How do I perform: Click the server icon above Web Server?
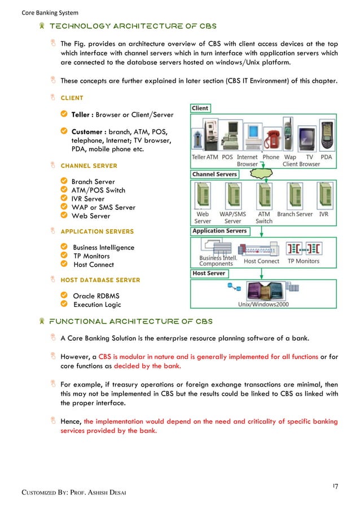pyautogui.click(x=202, y=196)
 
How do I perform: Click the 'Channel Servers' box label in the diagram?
pyautogui.click(x=214, y=174)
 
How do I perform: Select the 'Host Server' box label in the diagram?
pyautogui.click(x=209, y=273)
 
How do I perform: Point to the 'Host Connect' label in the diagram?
pyautogui.click(x=261, y=261)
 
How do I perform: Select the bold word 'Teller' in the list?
pyautogui.click(x=82, y=115)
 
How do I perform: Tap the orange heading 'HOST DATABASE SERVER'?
pyautogui.click(x=100, y=280)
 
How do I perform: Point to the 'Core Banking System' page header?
pyautogui.click(x=50, y=12)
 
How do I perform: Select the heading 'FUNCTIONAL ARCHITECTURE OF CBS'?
pyautogui.click(x=131, y=322)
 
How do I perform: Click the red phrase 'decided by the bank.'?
pyautogui.click(x=148, y=366)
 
